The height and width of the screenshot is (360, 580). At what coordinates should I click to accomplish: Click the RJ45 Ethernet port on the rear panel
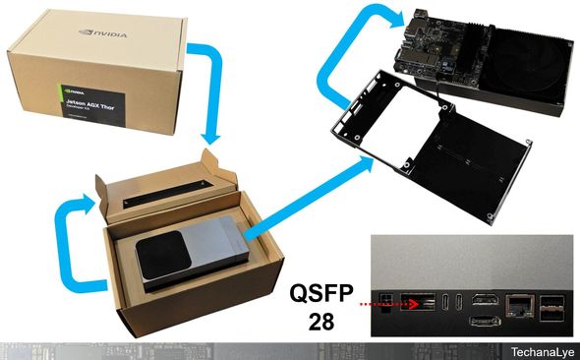click(x=516, y=304)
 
